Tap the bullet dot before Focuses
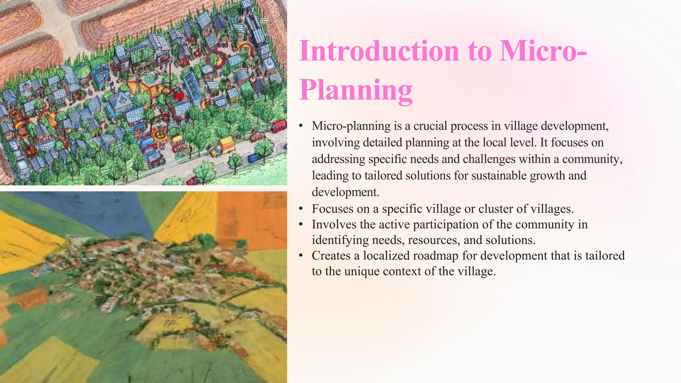[301, 209]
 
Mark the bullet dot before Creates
[301, 256]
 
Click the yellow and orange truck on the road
[223, 147]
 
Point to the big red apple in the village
[179, 95]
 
